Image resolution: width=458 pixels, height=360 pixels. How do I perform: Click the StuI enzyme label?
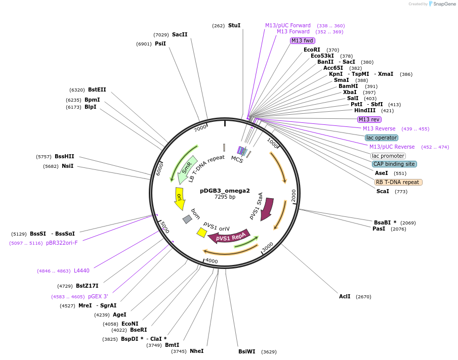(234, 25)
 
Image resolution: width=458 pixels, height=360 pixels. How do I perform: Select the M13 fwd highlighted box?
(303, 40)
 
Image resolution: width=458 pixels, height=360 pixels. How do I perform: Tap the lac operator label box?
(382, 138)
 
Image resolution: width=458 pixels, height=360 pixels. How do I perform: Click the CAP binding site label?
(394, 164)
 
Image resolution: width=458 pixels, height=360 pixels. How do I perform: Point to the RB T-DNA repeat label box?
(398, 182)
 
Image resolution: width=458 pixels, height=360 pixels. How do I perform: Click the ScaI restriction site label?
(383, 191)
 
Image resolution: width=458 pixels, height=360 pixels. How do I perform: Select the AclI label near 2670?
(345, 296)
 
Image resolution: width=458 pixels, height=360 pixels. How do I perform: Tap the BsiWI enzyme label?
(247, 351)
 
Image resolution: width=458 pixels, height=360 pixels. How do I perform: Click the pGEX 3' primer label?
(98, 297)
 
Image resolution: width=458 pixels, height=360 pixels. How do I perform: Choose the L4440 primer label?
(81, 271)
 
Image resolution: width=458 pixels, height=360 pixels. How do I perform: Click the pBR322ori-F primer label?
(62, 243)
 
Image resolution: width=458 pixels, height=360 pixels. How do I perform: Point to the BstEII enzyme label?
(97, 90)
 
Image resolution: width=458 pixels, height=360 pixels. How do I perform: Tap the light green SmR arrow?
(186, 169)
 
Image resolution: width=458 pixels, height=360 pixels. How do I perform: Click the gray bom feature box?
(187, 219)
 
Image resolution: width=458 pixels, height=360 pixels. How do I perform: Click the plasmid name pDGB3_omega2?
(225, 191)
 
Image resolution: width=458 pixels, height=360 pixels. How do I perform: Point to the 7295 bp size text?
(225, 197)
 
